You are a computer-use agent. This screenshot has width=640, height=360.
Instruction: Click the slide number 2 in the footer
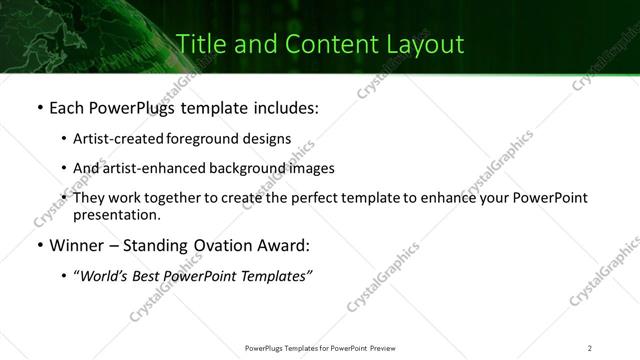click(590, 347)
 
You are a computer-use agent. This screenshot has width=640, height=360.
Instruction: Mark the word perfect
click(315, 198)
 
